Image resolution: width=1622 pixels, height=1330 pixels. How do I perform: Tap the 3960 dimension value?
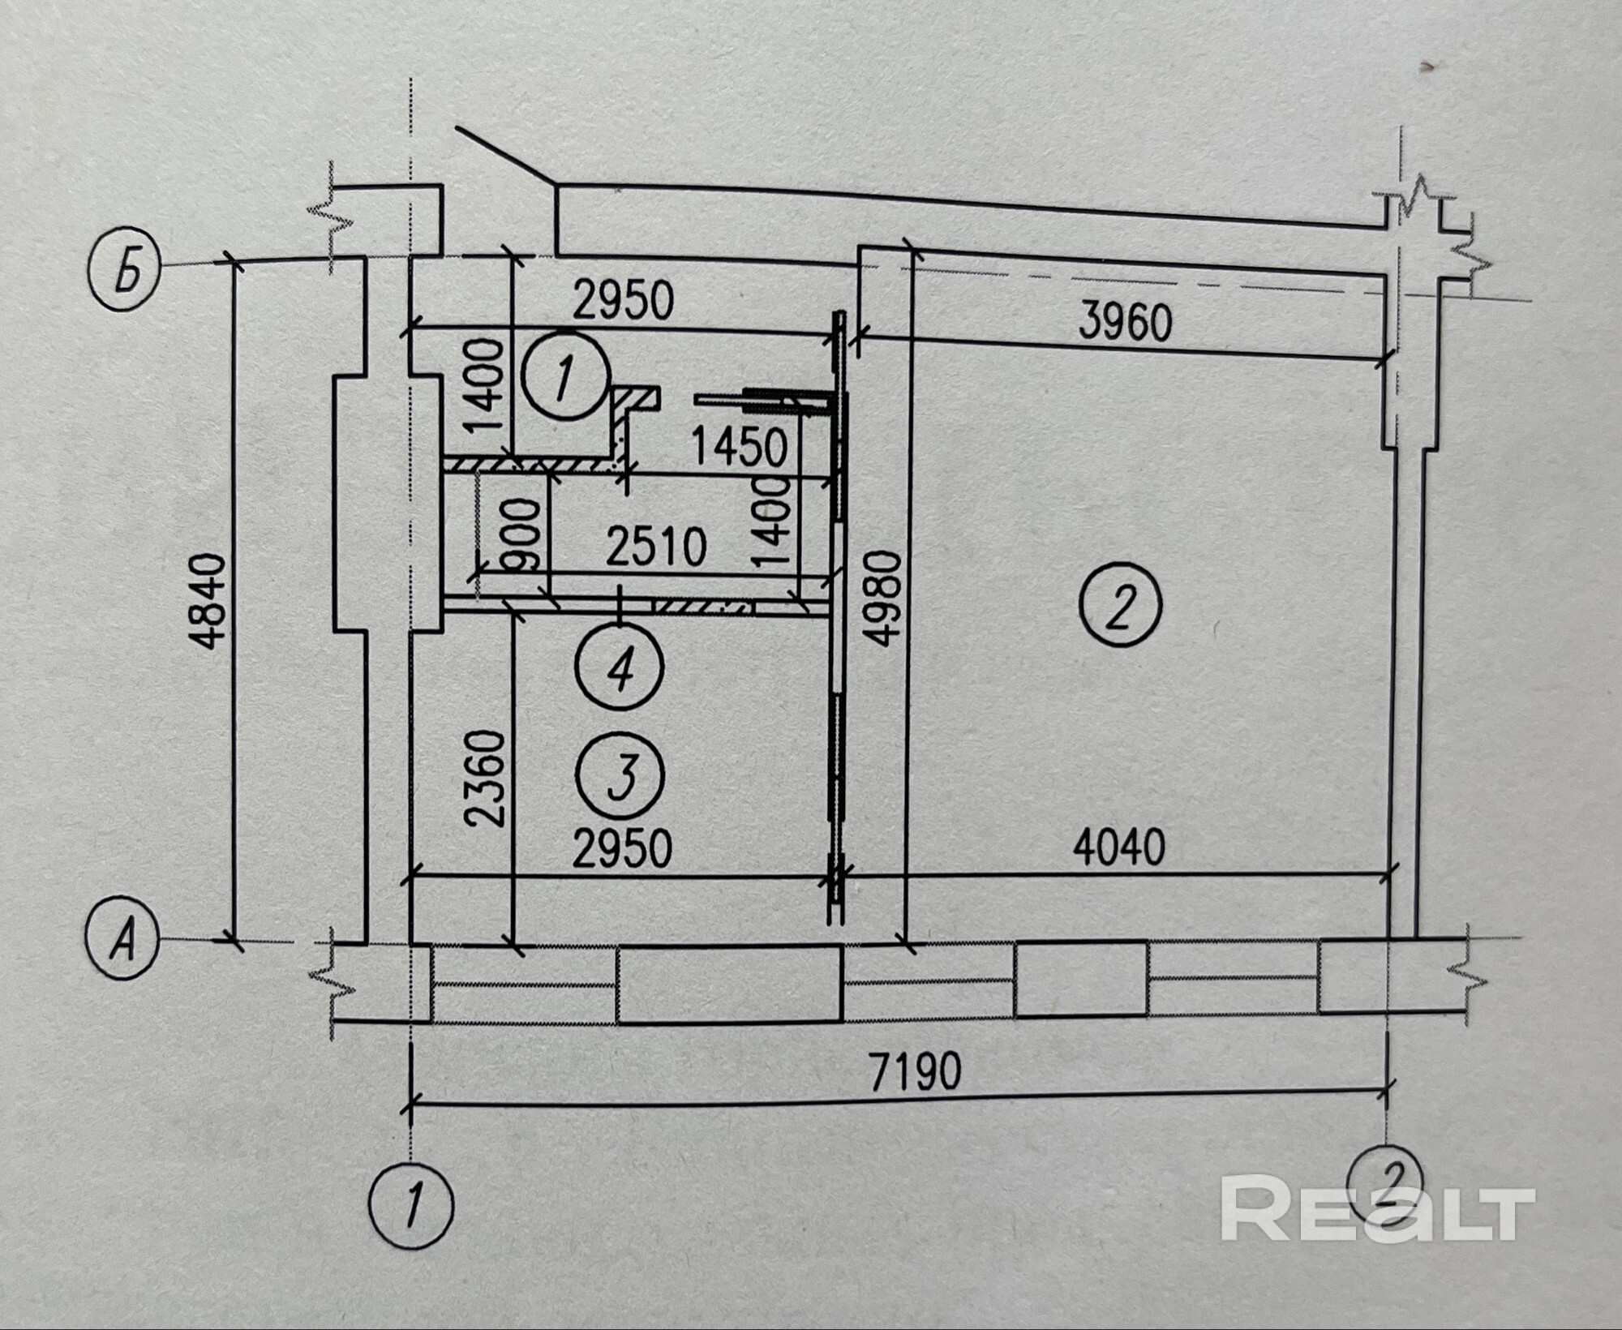(x=1125, y=323)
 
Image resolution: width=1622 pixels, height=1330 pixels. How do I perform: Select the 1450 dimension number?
(x=739, y=446)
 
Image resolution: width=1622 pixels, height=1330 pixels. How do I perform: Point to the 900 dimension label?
(x=520, y=535)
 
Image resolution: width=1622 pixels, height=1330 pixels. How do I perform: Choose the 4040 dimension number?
(x=1119, y=847)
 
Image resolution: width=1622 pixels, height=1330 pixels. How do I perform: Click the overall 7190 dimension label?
(x=915, y=1071)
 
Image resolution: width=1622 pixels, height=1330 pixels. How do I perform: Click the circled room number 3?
(x=620, y=776)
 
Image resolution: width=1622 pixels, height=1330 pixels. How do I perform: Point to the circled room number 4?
(x=620, y=667)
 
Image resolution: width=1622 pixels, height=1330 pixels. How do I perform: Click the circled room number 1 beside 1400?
(x=566, y=375)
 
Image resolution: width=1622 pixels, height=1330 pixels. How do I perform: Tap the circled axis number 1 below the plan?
(x=410, y=1206)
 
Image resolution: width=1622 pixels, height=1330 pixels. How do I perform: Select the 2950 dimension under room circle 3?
(x=623, y=849)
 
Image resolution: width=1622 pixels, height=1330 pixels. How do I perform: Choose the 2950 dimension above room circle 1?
(x=623, y=300)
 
